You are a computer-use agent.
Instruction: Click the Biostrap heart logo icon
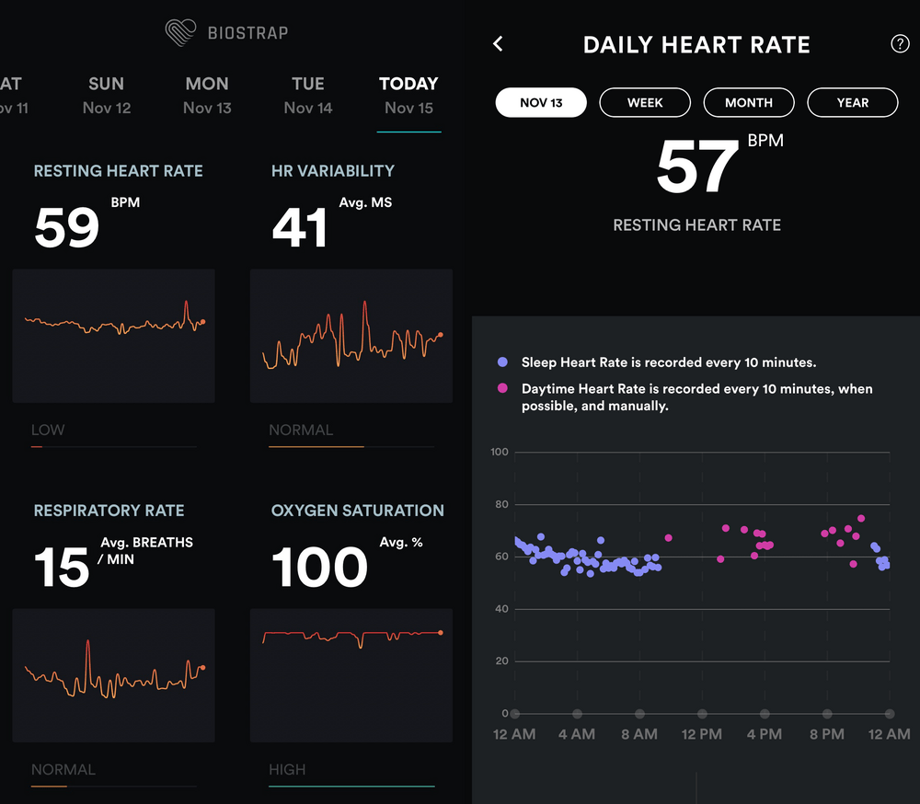click(180, 32)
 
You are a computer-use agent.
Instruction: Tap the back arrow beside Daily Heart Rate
click(498, 44)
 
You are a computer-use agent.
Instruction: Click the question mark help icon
click(900, 44)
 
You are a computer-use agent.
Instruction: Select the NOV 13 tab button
click(541, 102)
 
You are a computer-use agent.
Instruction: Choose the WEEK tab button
click(645, 102)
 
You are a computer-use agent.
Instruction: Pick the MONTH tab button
click(749, 102)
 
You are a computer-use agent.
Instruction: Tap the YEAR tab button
click(852, 102)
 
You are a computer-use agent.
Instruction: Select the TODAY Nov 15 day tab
click(408, 96)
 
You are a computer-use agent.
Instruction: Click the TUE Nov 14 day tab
click(307, 96)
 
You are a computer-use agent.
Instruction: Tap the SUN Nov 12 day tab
click(107, 96)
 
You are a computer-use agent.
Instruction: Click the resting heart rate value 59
click(66, 229)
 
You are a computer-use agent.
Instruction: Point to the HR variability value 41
click(300, 229)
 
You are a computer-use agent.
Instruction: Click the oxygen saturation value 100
click(319, 569)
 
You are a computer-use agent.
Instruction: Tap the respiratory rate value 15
click(62, 569)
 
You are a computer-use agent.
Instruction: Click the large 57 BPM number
click(696, 168)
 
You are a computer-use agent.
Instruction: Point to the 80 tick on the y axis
click(500, 504)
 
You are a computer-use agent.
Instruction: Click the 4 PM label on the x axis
click(764, 734)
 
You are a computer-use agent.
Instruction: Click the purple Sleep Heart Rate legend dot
click(502, 362)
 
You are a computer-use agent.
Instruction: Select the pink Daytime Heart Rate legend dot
click(502, 389)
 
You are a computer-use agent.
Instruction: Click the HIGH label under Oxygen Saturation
click(287, 769)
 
